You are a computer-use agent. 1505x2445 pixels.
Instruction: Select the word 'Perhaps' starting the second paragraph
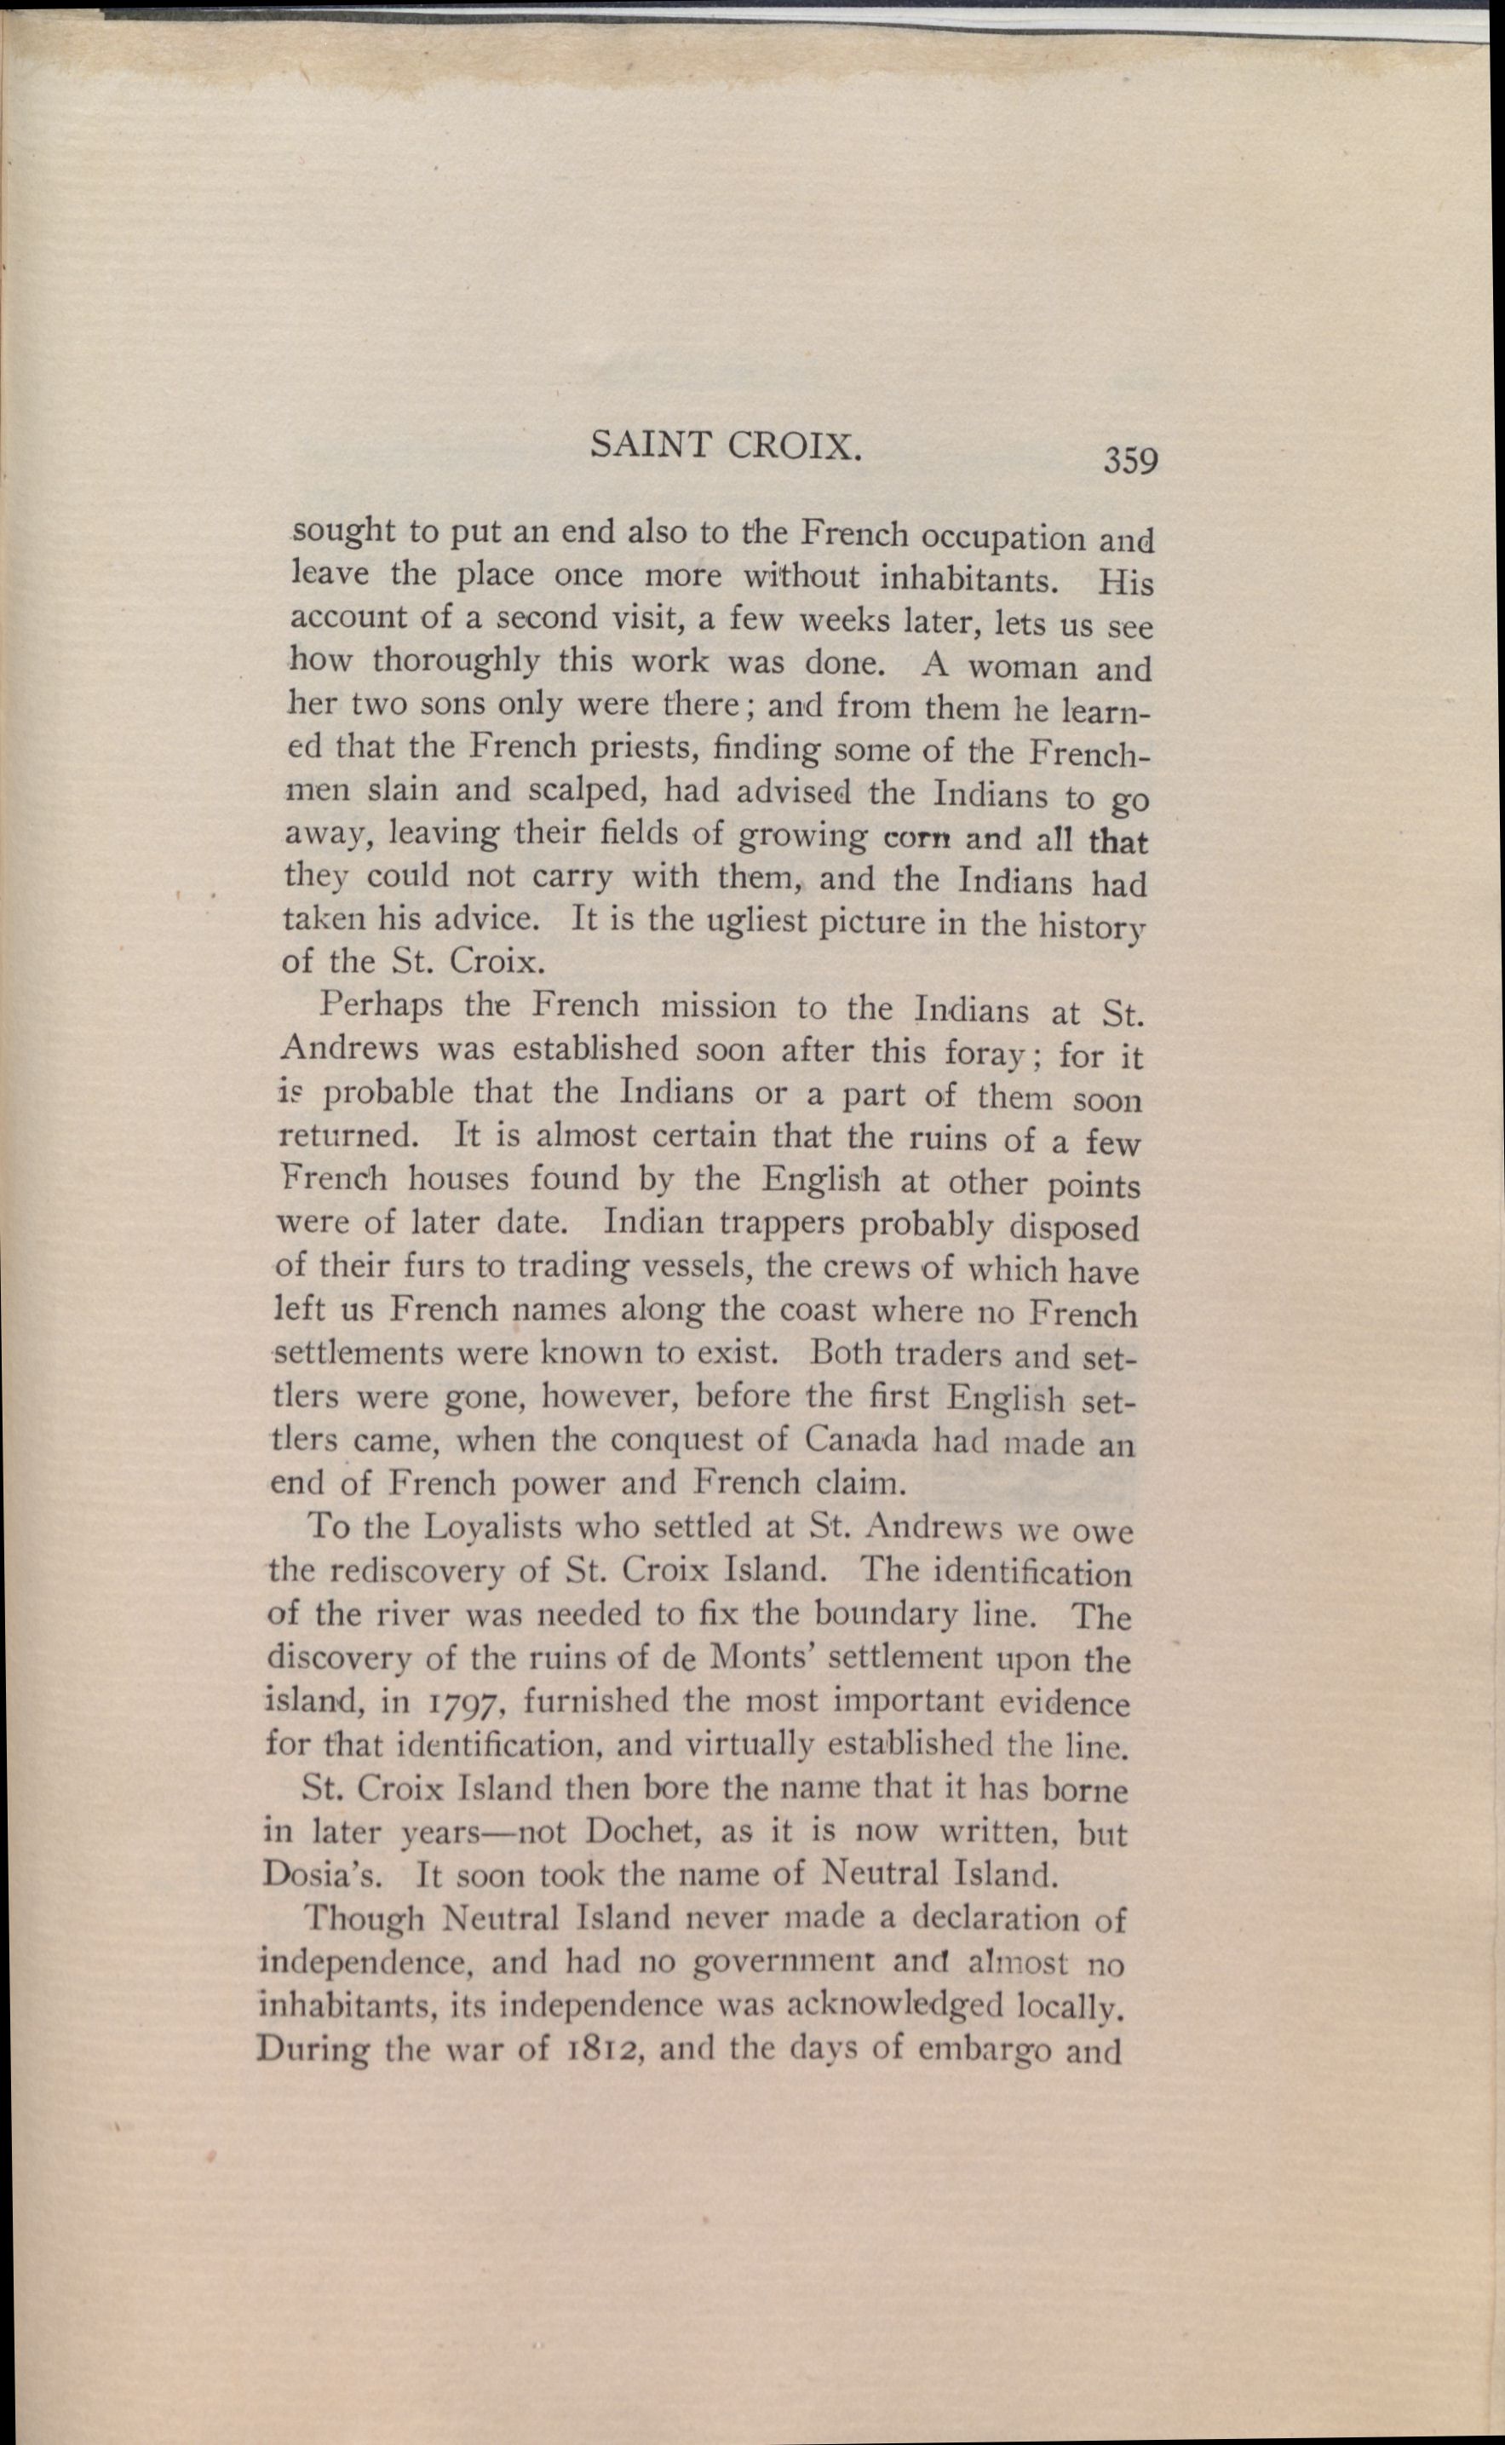click(x=382, y=1004)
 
